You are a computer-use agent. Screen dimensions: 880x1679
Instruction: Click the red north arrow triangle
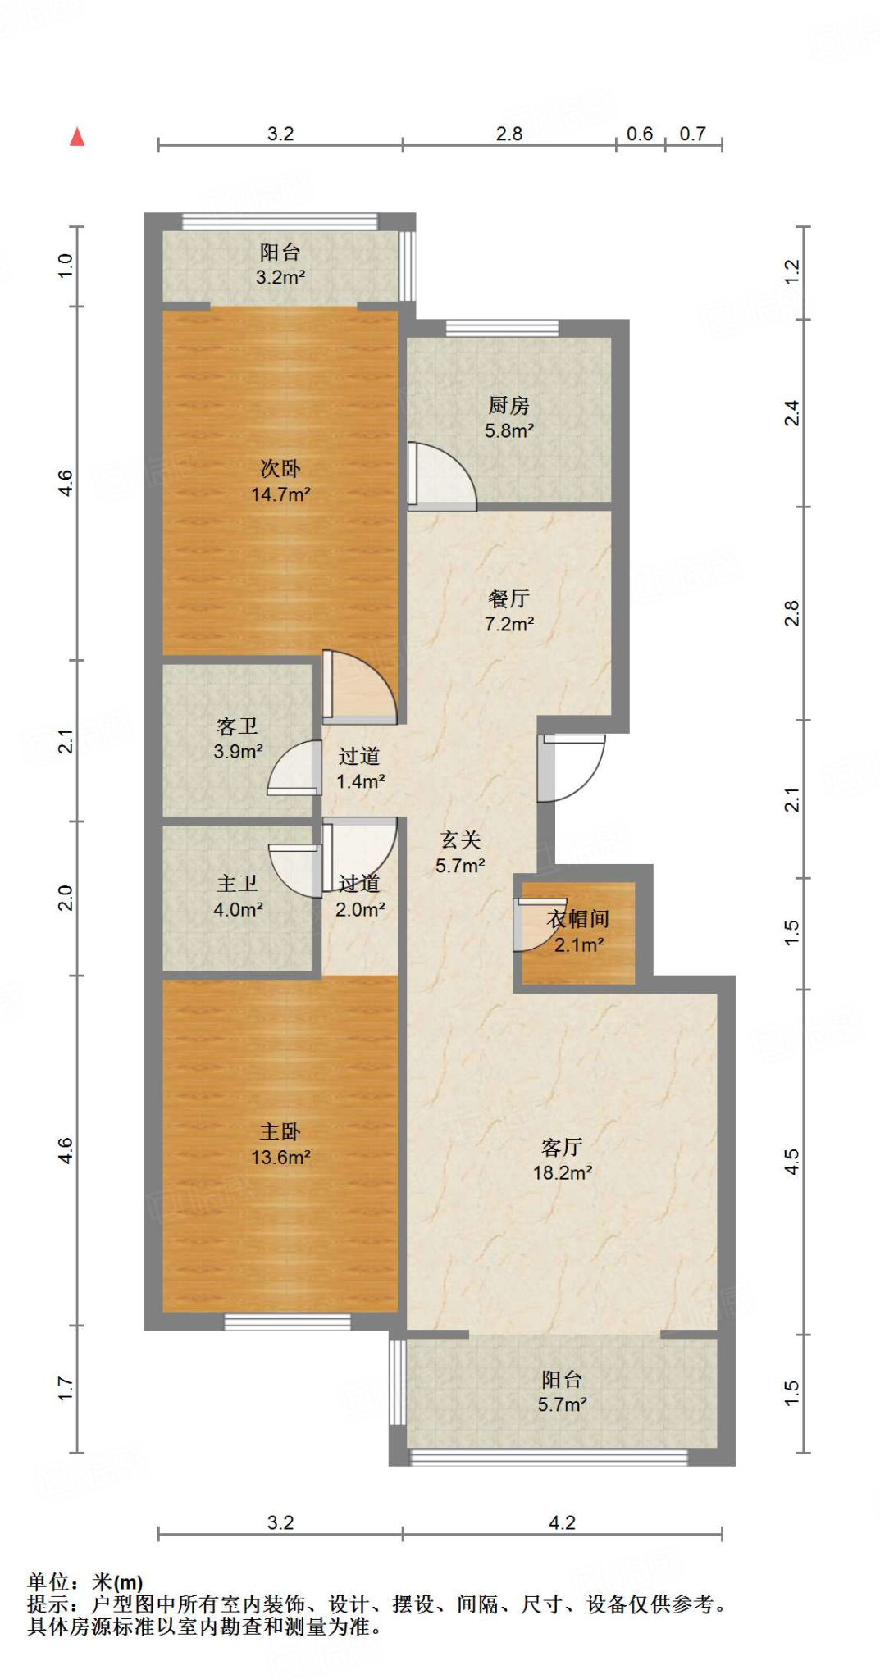click(77, 136)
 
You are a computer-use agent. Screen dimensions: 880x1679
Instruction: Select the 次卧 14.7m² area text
click(280, 481)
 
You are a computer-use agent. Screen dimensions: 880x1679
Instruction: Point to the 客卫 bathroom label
click(237, 726)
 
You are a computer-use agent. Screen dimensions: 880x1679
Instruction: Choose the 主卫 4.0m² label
click(238, 896)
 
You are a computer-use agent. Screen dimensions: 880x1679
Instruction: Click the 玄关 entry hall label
click(460, 839)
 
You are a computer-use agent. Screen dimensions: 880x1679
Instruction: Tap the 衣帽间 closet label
click(578, 919)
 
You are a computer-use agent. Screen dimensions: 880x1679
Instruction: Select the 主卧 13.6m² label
click(280, 1144)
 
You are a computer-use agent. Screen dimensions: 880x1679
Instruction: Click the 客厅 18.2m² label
click(563, 1160)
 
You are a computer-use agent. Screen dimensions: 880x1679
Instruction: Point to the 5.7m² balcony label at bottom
click(562, 1404)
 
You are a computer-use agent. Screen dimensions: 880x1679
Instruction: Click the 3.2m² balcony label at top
click(280, 277)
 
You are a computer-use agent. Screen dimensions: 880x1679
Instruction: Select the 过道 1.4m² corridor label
click(360, 769)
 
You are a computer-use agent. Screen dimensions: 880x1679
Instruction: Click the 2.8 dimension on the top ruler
click(509, 134)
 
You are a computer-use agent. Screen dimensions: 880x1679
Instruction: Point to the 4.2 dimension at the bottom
click(562, 1522)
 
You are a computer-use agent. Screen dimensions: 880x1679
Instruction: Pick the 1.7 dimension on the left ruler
click(66, 1388)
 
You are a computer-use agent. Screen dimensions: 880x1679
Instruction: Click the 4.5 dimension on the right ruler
click(791, 1162)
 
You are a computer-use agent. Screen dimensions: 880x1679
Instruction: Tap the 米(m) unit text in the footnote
click(118, 1582)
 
